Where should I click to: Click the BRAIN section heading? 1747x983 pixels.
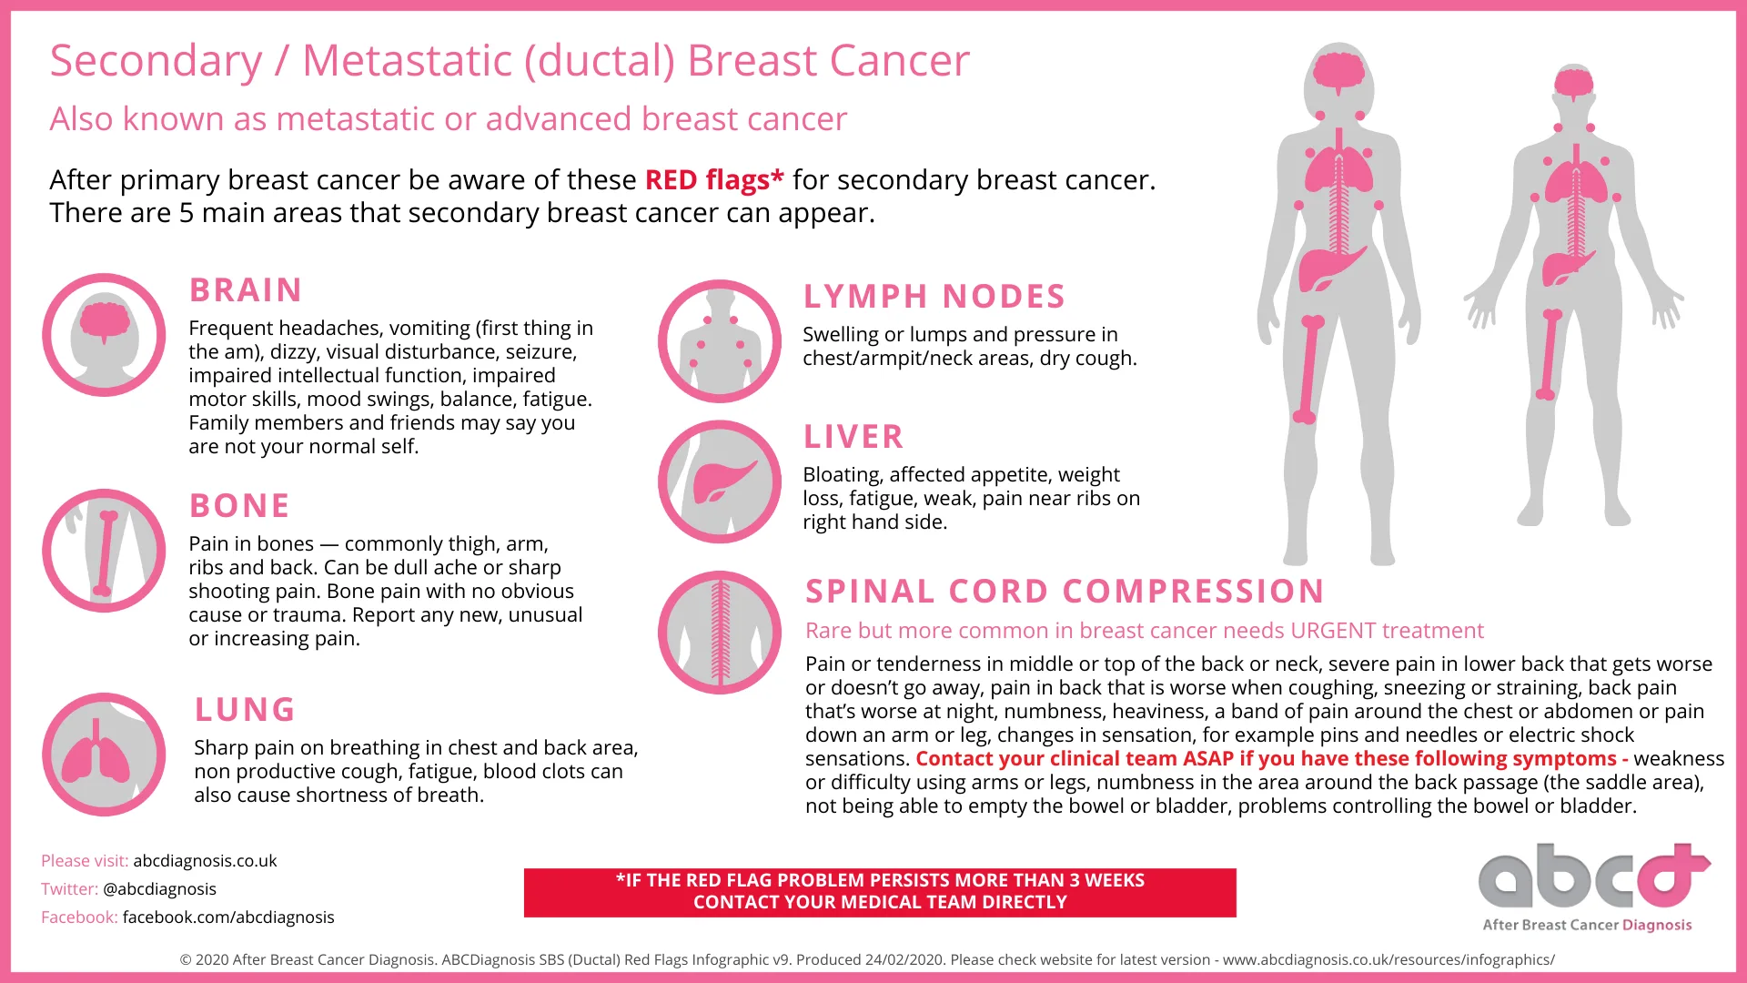coord(246,290)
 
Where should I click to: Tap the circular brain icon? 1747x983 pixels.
coord(104,335)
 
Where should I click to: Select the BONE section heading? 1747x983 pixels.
coord(239,506)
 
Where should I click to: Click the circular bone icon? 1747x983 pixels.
coord(104,551)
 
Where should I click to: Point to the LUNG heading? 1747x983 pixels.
coord(245,710)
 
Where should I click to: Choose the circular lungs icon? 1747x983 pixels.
coord(104,755)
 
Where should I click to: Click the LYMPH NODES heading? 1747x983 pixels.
coord(934,297)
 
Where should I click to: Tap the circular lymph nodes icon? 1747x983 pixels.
coord(720,341)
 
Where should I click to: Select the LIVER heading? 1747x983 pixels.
coord(853,437)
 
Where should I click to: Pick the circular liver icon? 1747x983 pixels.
coord(720,481)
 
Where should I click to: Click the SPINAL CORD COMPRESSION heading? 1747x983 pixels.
coord(1065,592)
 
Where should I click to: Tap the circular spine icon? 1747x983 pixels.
coord(720,633)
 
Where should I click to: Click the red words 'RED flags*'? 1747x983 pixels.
coord(714,180)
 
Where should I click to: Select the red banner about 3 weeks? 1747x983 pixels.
coord(880,892)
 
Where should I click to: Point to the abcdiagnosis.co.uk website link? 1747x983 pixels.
coord(205,861)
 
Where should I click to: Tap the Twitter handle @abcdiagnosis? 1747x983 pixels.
coord(159,889)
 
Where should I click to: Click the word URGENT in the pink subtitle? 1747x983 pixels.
coord(1333,631)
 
